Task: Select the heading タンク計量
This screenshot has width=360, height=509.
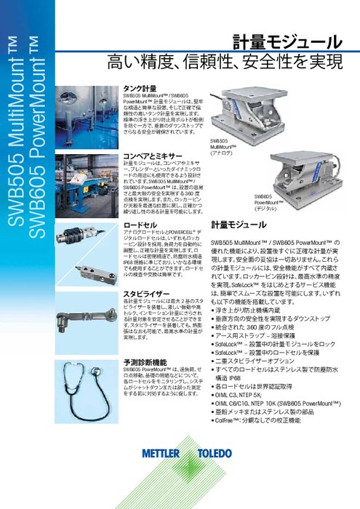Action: pyautogui.click(x=140, y=87)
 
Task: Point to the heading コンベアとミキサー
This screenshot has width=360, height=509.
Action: pyautogui.click(x=153, y=156)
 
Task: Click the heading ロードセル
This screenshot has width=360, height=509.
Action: pyautogui.click(x=138, y=225)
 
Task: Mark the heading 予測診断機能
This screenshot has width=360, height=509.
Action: pyautogui.click(x=145, y=361)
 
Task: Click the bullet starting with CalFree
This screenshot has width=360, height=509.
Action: pyautogui.click(x=267, y=421)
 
